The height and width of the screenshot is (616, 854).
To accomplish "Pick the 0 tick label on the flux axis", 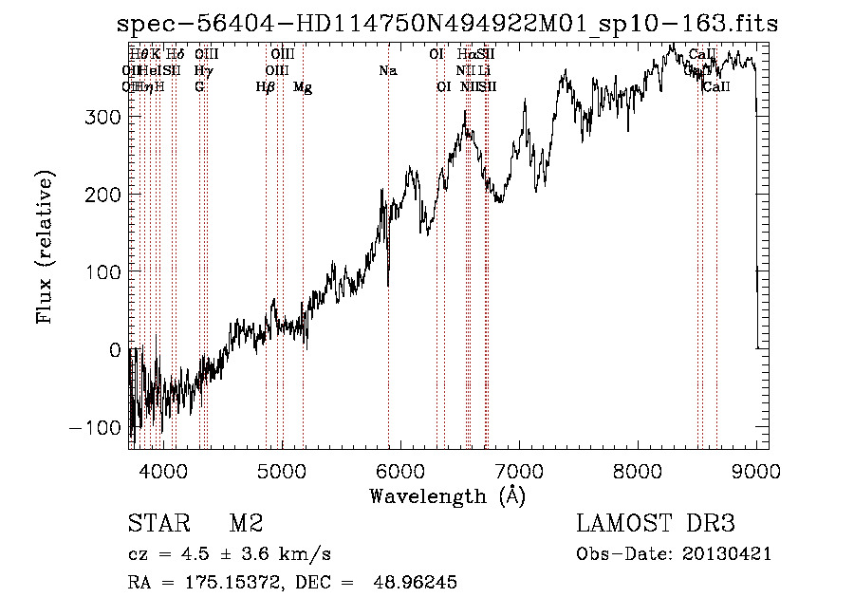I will [116, 350].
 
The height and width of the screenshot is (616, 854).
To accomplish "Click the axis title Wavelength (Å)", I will [447, 495].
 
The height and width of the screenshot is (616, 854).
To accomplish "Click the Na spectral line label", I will [387, 71].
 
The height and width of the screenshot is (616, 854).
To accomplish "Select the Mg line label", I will [303, 87].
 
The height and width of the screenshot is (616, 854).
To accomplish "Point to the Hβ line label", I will [265, 87].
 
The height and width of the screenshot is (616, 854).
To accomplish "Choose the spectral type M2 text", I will [246, 524].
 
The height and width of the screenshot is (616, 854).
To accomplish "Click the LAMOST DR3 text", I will [655, 524].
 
